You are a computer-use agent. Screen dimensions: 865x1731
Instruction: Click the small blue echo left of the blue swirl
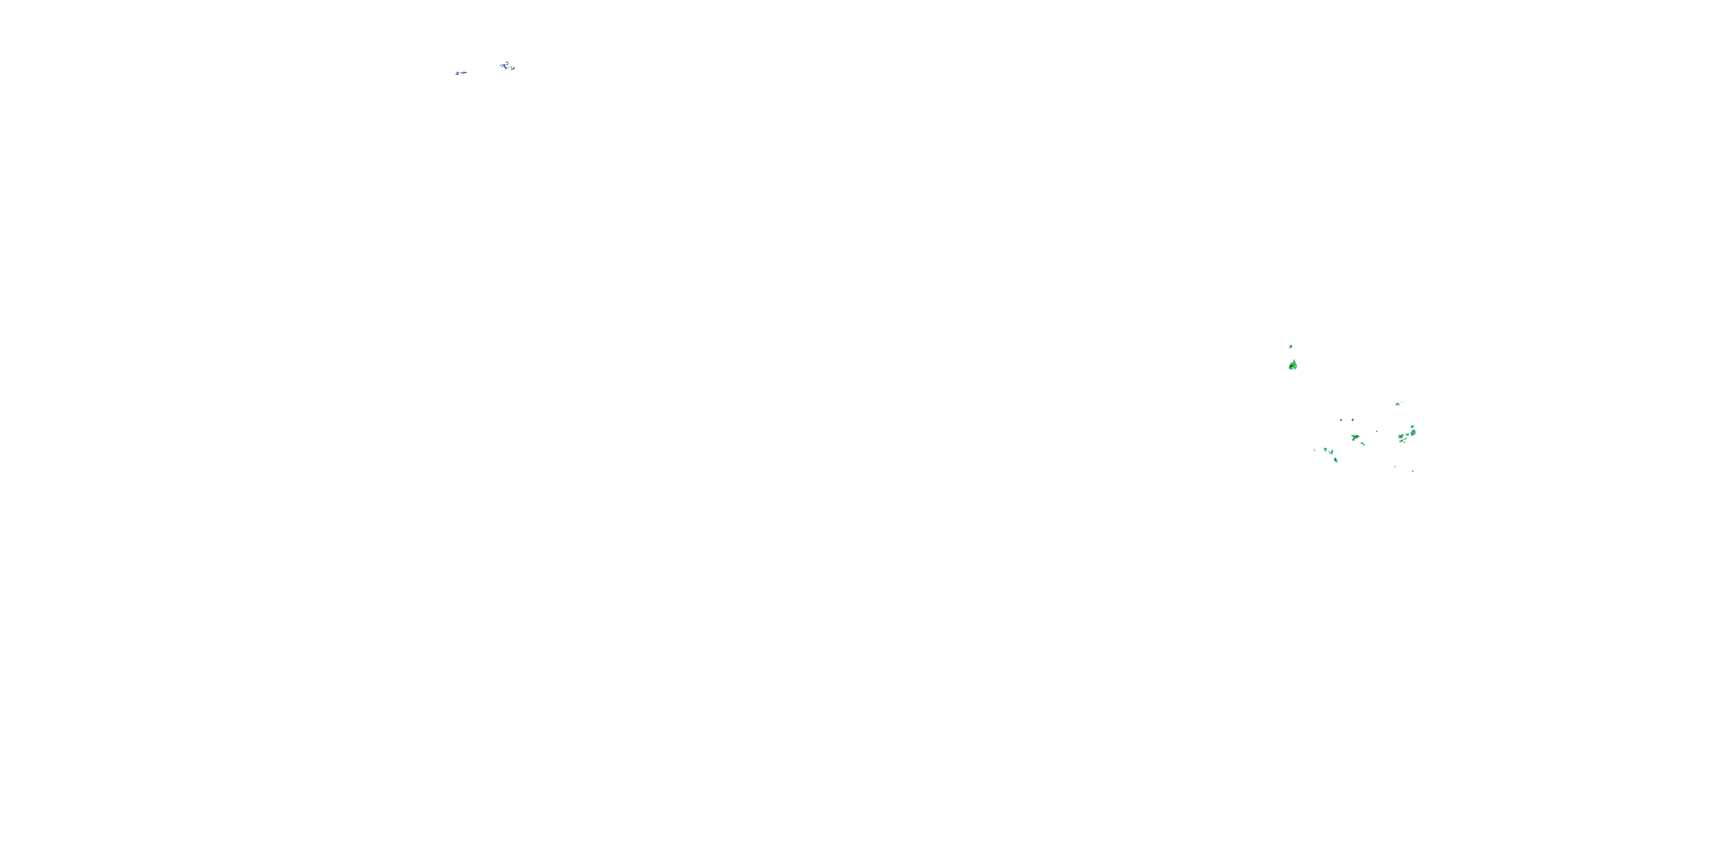[x=460, y=73]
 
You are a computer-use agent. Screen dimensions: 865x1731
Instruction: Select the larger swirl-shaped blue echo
[x=505, y=65]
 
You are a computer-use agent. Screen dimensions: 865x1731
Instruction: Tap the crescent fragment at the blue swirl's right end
[x=513, y=68]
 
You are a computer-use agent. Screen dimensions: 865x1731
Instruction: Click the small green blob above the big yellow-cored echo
[x=1291, y=347]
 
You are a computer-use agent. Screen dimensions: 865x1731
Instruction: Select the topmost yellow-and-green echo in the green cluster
[x=1397, y=404]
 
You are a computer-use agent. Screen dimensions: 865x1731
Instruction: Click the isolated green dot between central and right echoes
[x=1377, y=432]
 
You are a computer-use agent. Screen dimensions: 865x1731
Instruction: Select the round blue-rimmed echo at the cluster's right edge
[x=1413, y=432]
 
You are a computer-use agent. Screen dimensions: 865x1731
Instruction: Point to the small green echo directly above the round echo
[x=1414, y=427]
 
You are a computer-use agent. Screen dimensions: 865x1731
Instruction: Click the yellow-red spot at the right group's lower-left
[x=1401, y=441]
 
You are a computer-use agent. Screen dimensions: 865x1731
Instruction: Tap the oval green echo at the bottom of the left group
[x=1335, y=460]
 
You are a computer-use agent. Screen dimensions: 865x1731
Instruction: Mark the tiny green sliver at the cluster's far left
[x=1314, y=450]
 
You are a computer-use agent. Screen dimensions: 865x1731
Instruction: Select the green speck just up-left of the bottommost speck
[x=1396, y=466]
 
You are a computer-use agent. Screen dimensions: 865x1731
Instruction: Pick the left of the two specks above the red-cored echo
[x=1342, y=420]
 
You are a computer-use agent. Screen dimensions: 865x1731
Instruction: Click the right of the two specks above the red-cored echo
[x=1352, y=420]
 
